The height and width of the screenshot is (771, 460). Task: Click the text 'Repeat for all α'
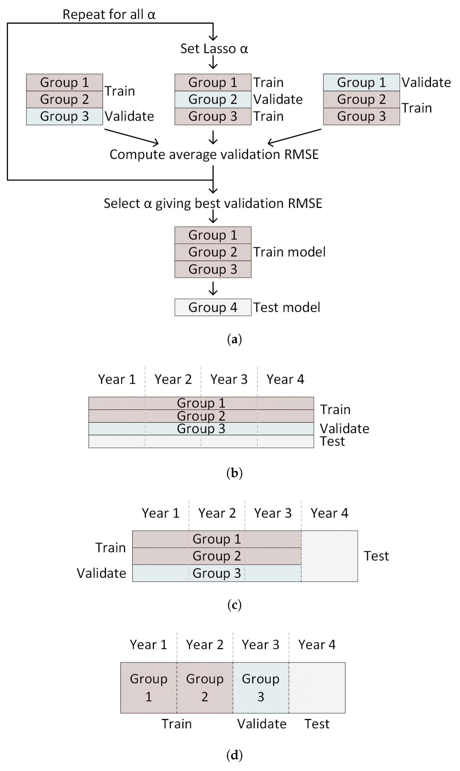point(109,14)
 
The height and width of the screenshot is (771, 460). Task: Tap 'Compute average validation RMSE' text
point(214,154)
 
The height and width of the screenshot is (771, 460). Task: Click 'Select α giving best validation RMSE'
point(213,203)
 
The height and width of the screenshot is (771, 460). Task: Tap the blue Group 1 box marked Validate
point(361,82)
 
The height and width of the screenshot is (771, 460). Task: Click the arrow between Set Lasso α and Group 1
point(213,62)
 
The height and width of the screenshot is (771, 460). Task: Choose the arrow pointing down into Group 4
point(213,288)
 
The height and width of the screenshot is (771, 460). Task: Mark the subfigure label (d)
point(234,755)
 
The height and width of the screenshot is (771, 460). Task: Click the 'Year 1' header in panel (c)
point(161,513)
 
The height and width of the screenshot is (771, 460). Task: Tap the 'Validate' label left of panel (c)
point(101,573)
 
